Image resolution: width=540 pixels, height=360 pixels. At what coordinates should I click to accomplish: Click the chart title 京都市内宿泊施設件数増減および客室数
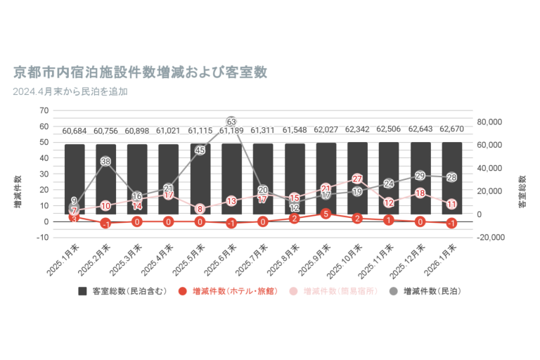pyautogui.click(x=140, y=72)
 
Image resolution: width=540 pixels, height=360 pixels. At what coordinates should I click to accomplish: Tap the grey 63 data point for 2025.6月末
pyautogui.click(x=231, y=122)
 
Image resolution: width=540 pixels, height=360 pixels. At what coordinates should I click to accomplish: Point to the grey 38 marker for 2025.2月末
pyautogui.click(x=105, y=162)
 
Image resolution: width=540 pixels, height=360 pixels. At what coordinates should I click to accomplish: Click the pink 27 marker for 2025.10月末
pyautogui.click(x=357, y=179)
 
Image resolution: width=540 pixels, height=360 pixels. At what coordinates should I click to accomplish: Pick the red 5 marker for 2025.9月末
pyautogui.click(x=326, y=213)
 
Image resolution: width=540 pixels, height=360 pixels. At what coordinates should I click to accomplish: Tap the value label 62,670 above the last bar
pyautogui.click(x=451, y=130)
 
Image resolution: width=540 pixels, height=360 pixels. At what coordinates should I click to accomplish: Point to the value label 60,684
pyautogui.click(x=75, y=131)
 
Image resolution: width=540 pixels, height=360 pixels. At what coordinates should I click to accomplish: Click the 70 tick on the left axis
pyautogui.click(x=44, y=111)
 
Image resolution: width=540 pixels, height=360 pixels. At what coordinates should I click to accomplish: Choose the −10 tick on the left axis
pyautogui.click(x=43, y=238)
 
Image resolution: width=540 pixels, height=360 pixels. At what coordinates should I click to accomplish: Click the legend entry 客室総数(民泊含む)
pyautogui.click(x=122, y=291)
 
